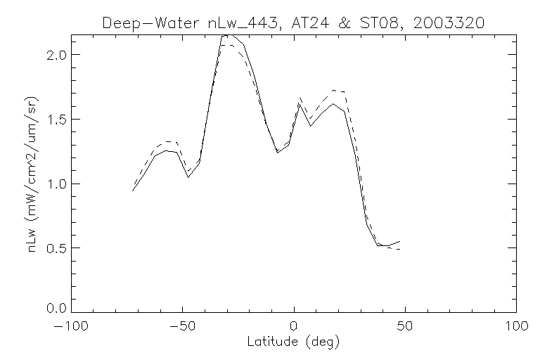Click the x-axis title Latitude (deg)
point(293,342)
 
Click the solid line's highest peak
point(226,34)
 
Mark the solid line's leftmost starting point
point(133,191)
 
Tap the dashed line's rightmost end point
point(399,250)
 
